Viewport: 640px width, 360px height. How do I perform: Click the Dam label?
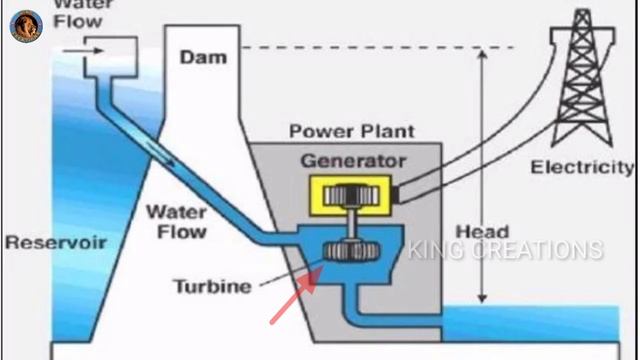pos(203,57)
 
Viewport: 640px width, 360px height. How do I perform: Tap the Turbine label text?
pos(212,287)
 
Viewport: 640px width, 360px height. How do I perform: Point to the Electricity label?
pos(582,167)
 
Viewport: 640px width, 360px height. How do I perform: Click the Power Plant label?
pos(351,131)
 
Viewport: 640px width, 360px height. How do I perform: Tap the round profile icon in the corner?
pos(26,26)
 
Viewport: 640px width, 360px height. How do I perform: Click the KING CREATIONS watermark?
pos(505,250)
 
